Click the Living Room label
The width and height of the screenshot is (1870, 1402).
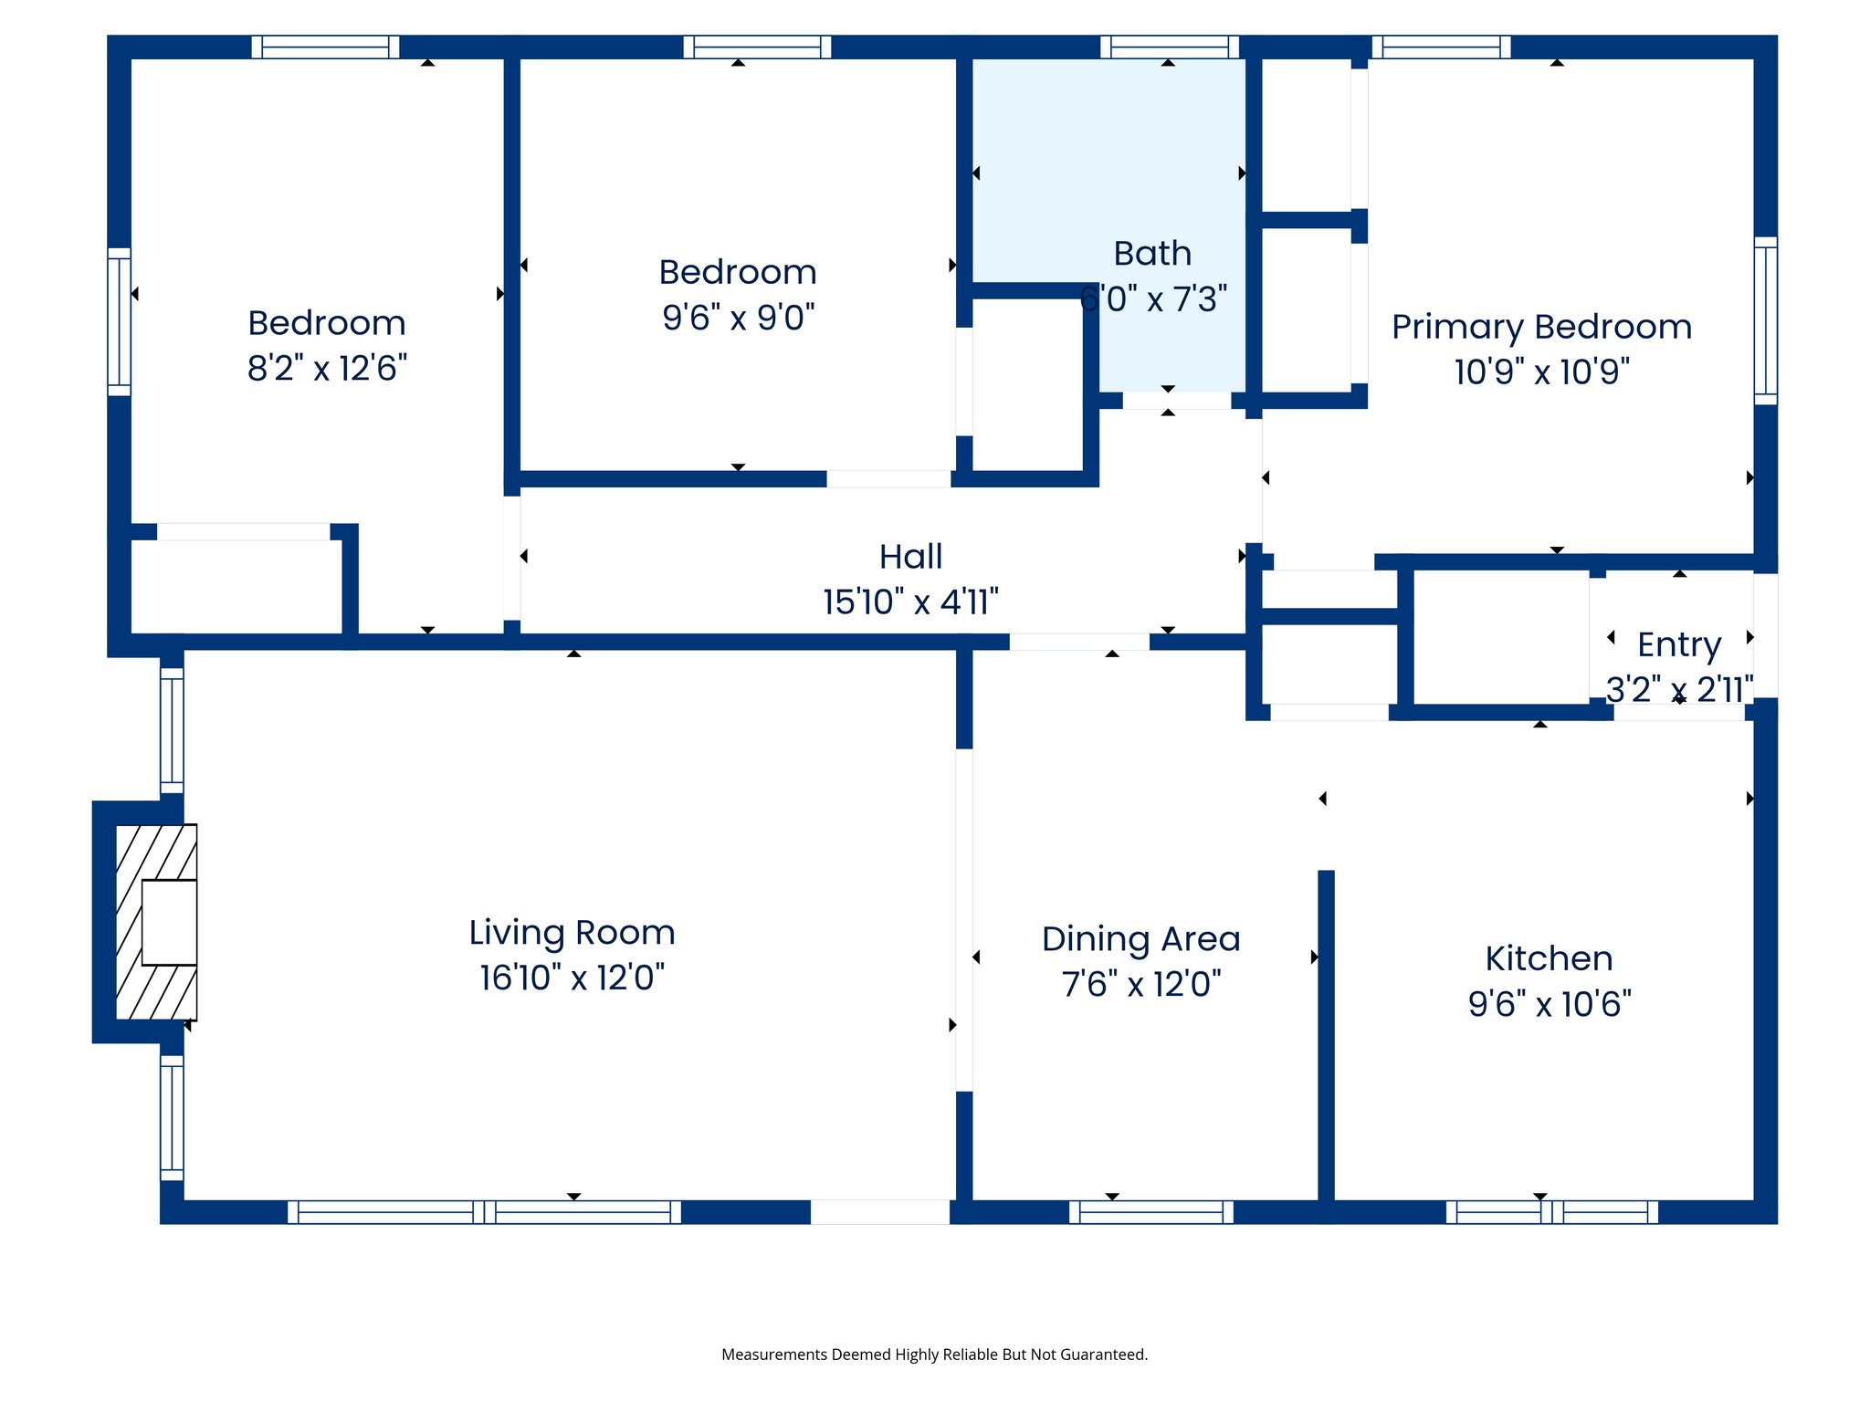click(572, 933)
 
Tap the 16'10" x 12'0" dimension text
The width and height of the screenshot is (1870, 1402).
click(572, 978)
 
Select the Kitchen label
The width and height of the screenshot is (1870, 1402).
click(1549, 958)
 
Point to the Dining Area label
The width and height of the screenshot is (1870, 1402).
click(1140, 939)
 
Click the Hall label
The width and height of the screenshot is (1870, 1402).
click(910, 557)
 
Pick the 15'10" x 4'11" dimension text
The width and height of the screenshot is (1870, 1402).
click(910, 602)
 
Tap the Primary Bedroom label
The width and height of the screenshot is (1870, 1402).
click(1541, 327)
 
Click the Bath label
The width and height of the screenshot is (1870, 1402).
click(1152, 254)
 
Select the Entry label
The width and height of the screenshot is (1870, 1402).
click(1678, 644)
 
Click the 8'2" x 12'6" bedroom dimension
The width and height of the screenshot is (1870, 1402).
click(327, 369)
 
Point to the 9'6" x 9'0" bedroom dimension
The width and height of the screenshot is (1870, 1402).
click(738, 318)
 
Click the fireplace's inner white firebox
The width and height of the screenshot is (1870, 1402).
click(170, 922)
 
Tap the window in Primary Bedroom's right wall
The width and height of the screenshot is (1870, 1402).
click(1765, 320)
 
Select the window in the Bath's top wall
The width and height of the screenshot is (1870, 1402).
click(1169, 47)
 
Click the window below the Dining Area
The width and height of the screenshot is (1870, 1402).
click(1150, 1212)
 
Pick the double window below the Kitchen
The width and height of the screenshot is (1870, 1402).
click(1551, 1212)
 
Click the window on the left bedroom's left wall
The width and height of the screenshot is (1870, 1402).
click(120, 321)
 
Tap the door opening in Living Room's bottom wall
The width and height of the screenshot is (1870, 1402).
click(879, 1212)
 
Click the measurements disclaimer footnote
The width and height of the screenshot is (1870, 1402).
click(934, 1355)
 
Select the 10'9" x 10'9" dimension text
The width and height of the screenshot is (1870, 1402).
click(1541, 372)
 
